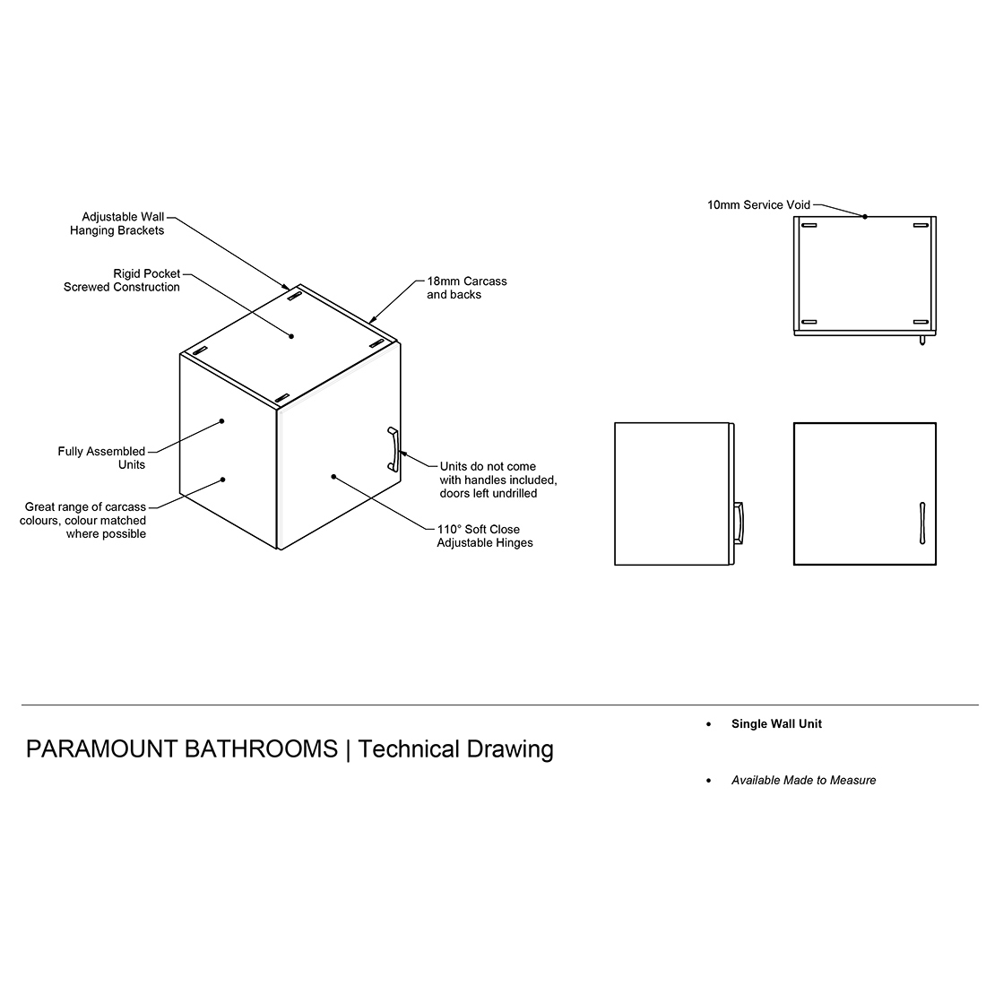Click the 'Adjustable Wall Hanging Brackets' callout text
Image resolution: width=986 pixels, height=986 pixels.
(117, 224)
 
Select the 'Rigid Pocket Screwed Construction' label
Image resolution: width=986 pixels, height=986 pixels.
(121, 281)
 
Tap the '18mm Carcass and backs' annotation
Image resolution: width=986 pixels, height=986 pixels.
(467, 288)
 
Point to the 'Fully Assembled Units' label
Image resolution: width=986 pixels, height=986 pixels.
(101, 458)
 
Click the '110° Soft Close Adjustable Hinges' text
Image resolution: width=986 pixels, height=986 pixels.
(485, 536)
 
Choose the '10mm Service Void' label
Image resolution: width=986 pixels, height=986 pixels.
(758, 205)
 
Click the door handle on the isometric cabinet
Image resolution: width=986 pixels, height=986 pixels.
(393, 449)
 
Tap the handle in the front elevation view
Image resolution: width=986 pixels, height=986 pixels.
(922, 523)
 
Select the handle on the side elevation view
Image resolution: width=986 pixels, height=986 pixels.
(739, 523)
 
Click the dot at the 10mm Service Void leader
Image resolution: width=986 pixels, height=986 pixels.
(865, 216)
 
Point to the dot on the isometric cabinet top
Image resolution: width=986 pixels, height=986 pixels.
(291, 336)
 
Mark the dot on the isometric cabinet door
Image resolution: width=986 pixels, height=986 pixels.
(333, 477)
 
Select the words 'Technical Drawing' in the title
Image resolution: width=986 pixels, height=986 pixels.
(456, 749)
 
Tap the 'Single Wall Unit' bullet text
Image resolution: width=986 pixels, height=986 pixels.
(776, 723)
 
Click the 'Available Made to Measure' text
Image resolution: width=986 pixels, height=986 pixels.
(804, 781)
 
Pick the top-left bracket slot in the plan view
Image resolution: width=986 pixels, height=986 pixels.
(809, 225)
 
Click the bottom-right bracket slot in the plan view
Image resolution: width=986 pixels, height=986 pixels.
(921, 322)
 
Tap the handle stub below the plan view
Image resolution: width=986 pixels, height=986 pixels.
(922, 341)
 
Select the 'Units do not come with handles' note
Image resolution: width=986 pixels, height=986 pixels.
(498, 480)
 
